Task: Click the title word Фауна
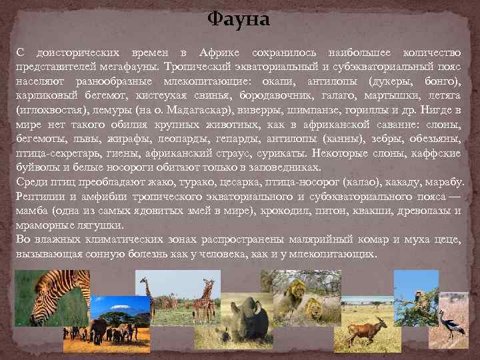[x=239, y=19]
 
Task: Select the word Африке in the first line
[x=216, y=53]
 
